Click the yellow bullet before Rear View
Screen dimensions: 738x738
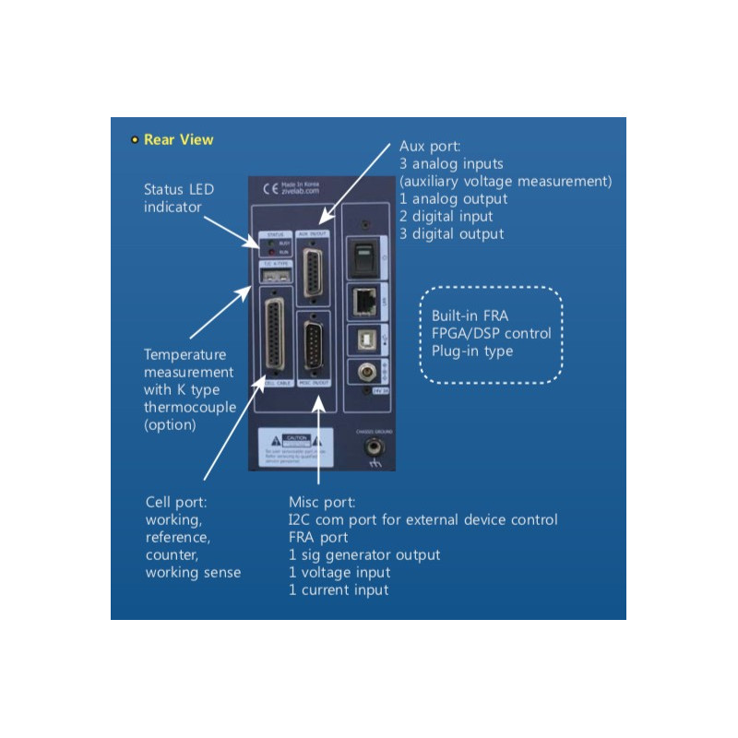click(x=135, y=140)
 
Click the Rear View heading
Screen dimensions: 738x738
click(x=178, y=140)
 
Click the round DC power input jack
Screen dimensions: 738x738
click(x=366, y=373)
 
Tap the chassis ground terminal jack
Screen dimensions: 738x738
click(x=375, y=446)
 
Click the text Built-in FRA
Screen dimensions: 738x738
click(x=469, y=316)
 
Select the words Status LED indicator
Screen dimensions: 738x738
click(x=179, y=197)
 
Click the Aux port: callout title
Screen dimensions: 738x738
click(x=429, y=147)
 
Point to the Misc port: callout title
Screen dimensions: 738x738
click(x=322, y=503)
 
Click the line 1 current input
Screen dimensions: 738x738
click(x=339, y=589)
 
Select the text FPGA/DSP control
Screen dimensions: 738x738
click(x=492, y=334)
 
